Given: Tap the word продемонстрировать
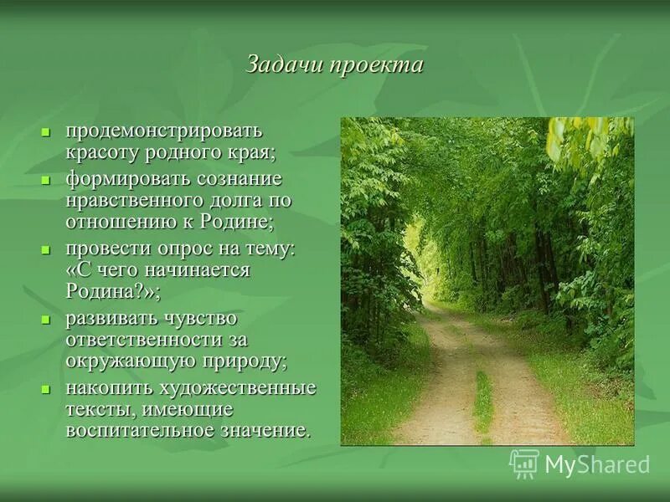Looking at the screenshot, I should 164,131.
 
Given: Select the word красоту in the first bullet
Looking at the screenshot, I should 101,153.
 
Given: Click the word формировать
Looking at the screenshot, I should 126,179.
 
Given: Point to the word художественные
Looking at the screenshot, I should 235,388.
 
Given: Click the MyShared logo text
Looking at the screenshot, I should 597,464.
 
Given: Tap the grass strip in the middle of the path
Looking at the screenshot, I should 482,402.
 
